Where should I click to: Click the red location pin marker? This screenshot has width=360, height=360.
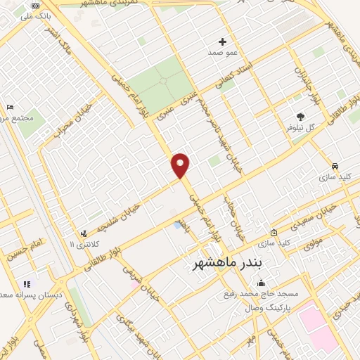(181, 165)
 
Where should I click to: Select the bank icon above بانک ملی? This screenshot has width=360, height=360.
(36, 6)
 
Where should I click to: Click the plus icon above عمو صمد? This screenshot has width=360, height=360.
(224, 41)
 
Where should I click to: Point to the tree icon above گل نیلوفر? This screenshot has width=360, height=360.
(302, 117)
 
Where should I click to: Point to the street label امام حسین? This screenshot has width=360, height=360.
(22, 252)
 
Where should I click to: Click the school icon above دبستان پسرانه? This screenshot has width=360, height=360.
(27, 284)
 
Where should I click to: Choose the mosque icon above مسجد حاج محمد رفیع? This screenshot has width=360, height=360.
(262, 283)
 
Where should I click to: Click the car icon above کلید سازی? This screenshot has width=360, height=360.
(335, 166)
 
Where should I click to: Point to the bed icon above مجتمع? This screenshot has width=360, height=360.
(9, 107)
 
